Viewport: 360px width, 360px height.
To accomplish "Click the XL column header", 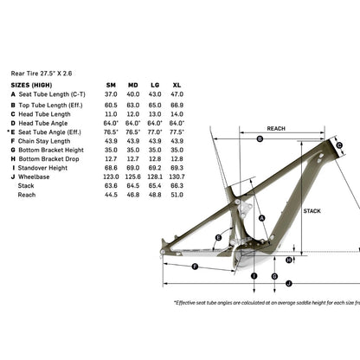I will pos(177,86).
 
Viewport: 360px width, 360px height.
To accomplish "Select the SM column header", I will pos(111,86).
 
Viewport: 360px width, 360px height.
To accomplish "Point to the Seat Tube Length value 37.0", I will pos(111,94).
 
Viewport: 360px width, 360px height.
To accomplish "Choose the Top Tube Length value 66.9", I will pos(177,104).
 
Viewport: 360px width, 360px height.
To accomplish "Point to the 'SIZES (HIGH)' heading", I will pos(31,86).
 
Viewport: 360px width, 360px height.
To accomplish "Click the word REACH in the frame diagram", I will pos(276,128).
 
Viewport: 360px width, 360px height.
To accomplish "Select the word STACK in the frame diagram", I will pos(312,209).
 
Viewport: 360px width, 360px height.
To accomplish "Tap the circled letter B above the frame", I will pos(260,138).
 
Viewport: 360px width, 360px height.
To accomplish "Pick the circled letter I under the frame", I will pos(254,275).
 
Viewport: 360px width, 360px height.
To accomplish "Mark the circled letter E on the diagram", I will pos(218,238).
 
